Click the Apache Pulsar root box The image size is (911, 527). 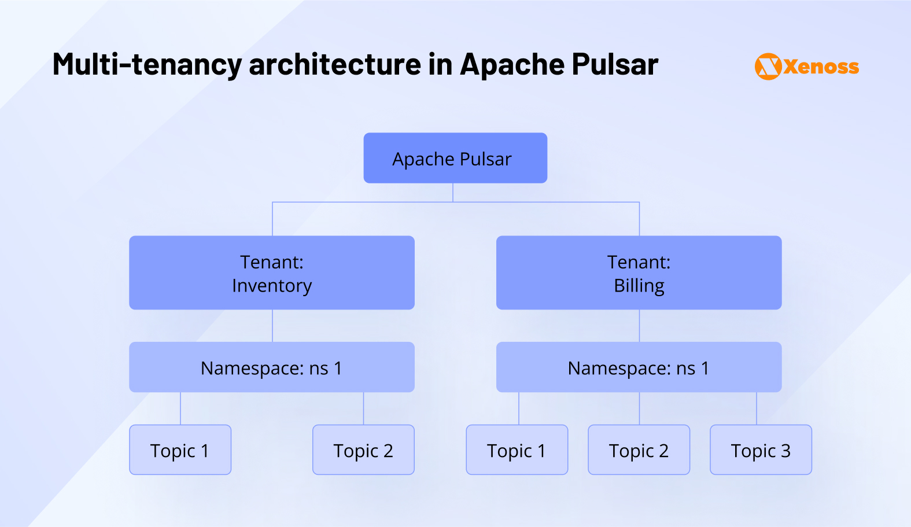(455, 158)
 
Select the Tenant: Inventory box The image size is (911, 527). (271, 272)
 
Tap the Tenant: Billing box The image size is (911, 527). (639, 272)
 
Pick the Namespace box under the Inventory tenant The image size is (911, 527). (271, 367)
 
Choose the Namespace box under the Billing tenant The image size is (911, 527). (639, 367)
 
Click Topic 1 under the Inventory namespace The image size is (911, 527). (180, 450)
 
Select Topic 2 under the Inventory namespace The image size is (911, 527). (363, 450)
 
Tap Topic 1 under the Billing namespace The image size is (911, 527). (517, 450)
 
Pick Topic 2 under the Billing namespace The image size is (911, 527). (639, 450)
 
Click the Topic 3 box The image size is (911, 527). (761, 450)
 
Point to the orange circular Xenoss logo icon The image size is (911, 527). (768, 67)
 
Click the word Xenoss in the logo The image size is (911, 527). (821, 67)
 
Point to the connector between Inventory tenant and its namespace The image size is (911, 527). (272, 326)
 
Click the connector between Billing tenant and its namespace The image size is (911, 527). (639, 326)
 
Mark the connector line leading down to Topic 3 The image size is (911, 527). (757, 408)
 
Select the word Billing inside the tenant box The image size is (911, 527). (639, 286)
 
